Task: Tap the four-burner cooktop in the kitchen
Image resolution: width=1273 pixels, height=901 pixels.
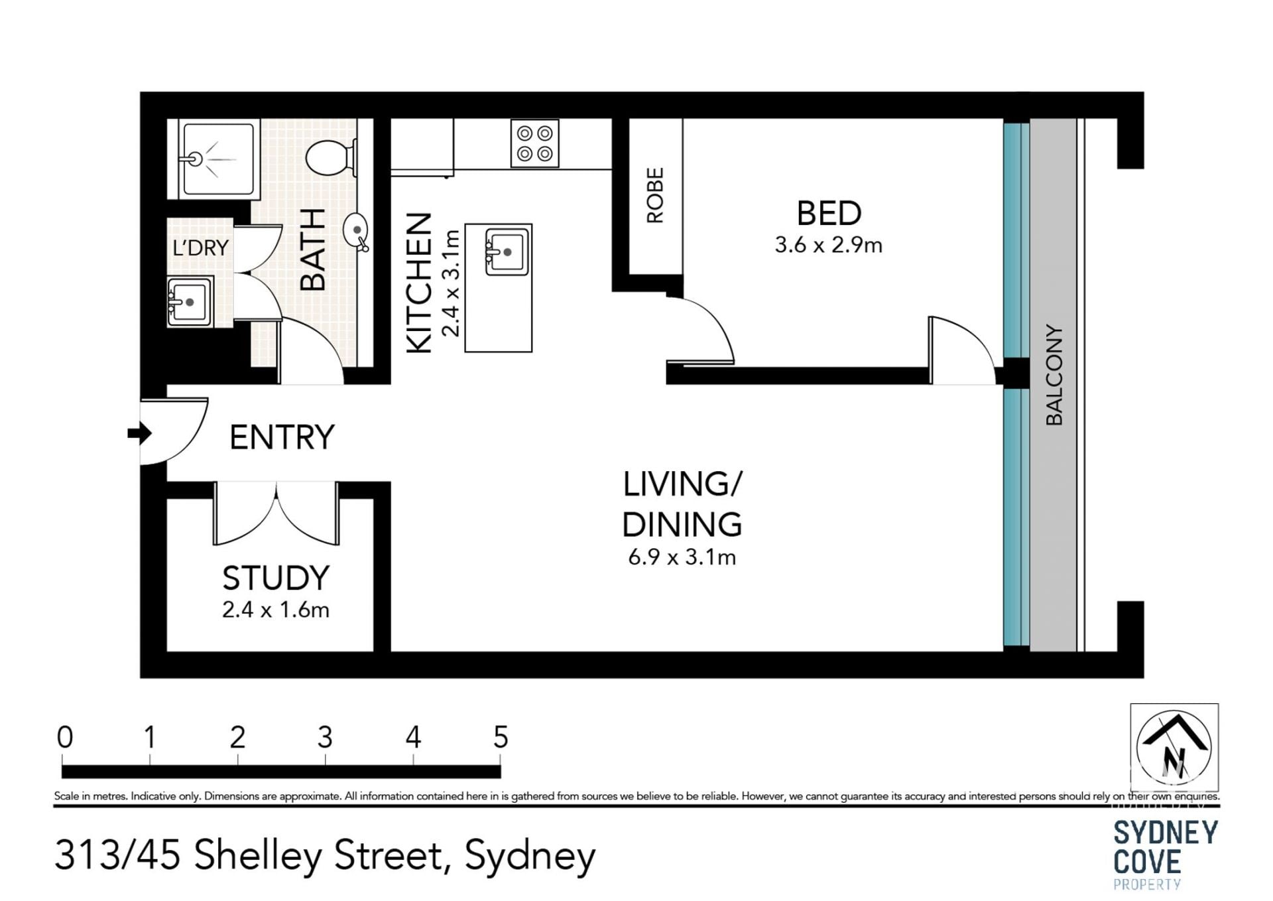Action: point(534,143)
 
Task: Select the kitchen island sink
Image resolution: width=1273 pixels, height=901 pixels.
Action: point(507,251)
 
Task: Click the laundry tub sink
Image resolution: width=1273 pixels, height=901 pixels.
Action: point(190,302)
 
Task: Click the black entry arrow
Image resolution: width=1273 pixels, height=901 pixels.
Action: point(139,434)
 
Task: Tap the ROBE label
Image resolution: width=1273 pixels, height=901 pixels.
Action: point(654,195)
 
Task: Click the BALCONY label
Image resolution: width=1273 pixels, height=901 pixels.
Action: point(1054,375)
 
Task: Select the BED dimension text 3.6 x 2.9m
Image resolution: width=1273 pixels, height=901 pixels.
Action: point(828,245)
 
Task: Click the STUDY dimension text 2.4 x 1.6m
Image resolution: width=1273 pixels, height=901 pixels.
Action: point(275,610)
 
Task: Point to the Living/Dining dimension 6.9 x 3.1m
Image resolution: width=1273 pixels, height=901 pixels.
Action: point(682,557)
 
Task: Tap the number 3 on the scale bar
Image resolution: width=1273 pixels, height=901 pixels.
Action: point(325,737)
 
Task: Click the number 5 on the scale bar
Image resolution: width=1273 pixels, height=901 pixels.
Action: point(501,737)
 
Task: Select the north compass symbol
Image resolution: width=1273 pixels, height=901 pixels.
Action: point(1174,747)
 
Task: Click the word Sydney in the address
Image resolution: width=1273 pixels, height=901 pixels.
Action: point(530,857)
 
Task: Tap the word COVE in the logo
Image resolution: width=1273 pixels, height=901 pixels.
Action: point(1147,862)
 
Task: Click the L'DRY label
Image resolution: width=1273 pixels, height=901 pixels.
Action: point(200,248)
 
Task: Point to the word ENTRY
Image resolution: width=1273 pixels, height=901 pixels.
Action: point(282,437)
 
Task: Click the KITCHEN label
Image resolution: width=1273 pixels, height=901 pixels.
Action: point(419,283)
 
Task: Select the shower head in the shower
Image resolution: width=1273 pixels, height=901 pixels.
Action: point(194,159)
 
